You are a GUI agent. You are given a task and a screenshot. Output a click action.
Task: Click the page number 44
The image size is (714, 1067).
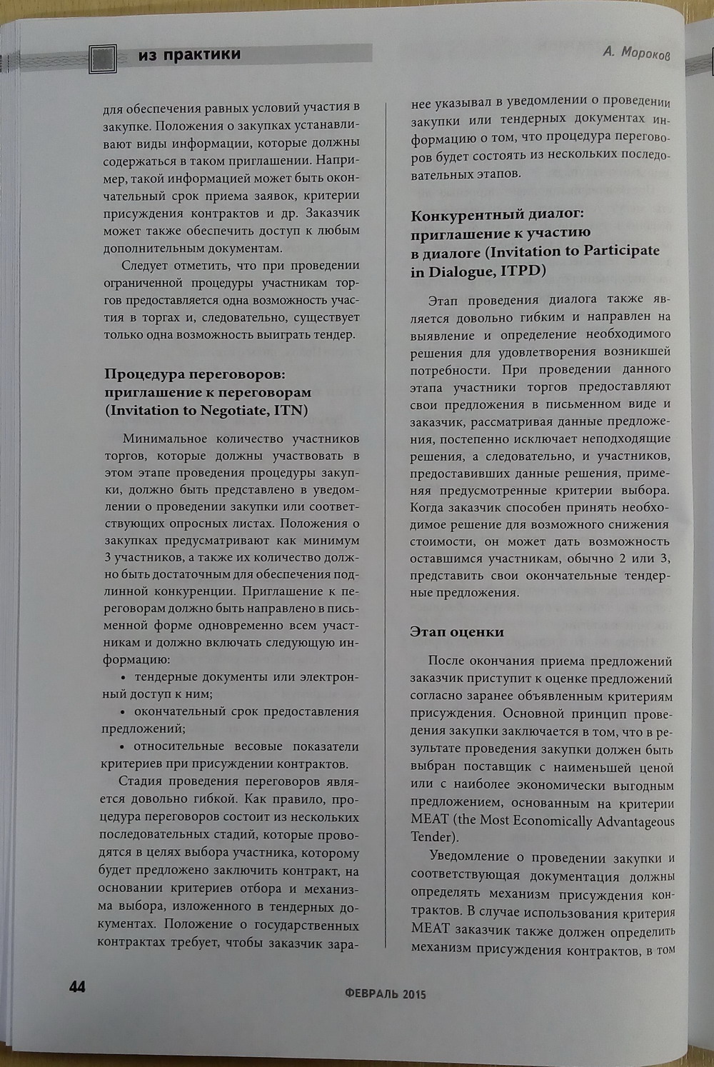pyautogui.click(x=77, y=986)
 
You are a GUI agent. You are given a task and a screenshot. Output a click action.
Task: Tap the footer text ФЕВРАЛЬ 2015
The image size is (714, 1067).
pyautogui.click(x=385, y=993)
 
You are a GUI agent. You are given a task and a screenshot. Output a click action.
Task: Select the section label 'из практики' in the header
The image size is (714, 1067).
pyautogui.click(x=189, y=55)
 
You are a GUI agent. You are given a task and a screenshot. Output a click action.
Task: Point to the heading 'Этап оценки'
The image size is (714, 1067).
pyautogui.click(x=457, y=632)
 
